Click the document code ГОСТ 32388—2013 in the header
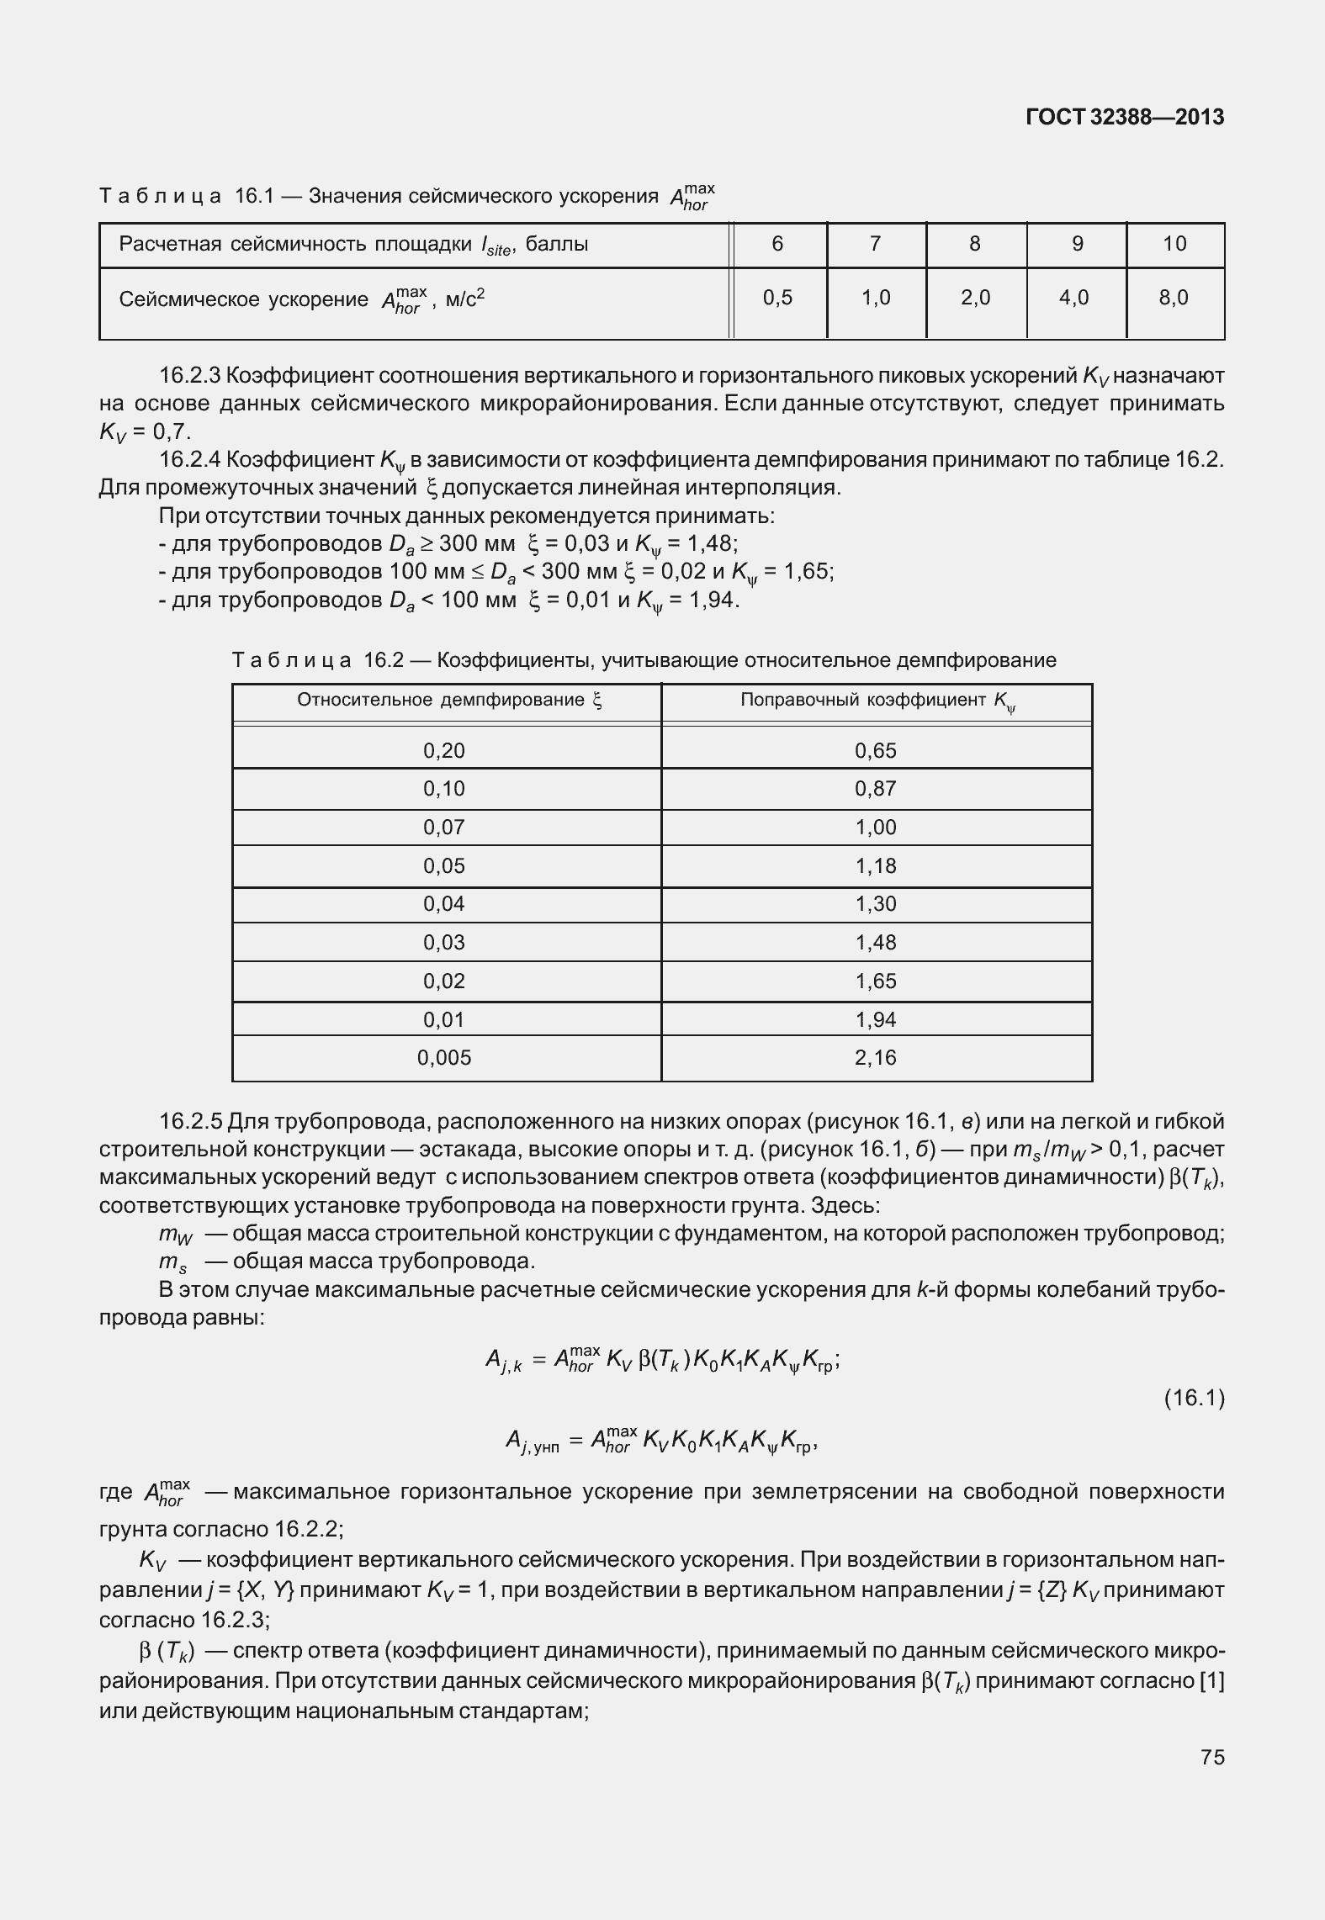pyautogui.click(x=1125, y=117)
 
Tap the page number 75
pyautogui.click(x=1212, y=1757)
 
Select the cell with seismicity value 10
pyautogui.click(x=1174, y=244)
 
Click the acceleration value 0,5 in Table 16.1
pyautogui.click(x=777, y=297)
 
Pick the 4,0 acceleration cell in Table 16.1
pyautogui.click(x=1074, y=297)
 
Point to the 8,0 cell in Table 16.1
pyautogui.click(x=1174, y=297)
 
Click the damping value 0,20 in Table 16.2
pyautogui.click(x=444, y=750)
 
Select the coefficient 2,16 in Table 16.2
pyautogui.click(x=876, y=1057)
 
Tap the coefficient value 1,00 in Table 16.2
pyautogui.click(x=876, y=827)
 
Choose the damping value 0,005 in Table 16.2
pyautogui.click(x=444, y=1057)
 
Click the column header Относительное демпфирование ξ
pyautogui.click(x=449, y=701)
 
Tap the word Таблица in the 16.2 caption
pyautogui.click(x=291, y=660)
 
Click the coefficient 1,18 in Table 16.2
pyautogui.click(x=876, y=865)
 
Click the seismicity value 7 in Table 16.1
pyautogui.click(x=876, y=244)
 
